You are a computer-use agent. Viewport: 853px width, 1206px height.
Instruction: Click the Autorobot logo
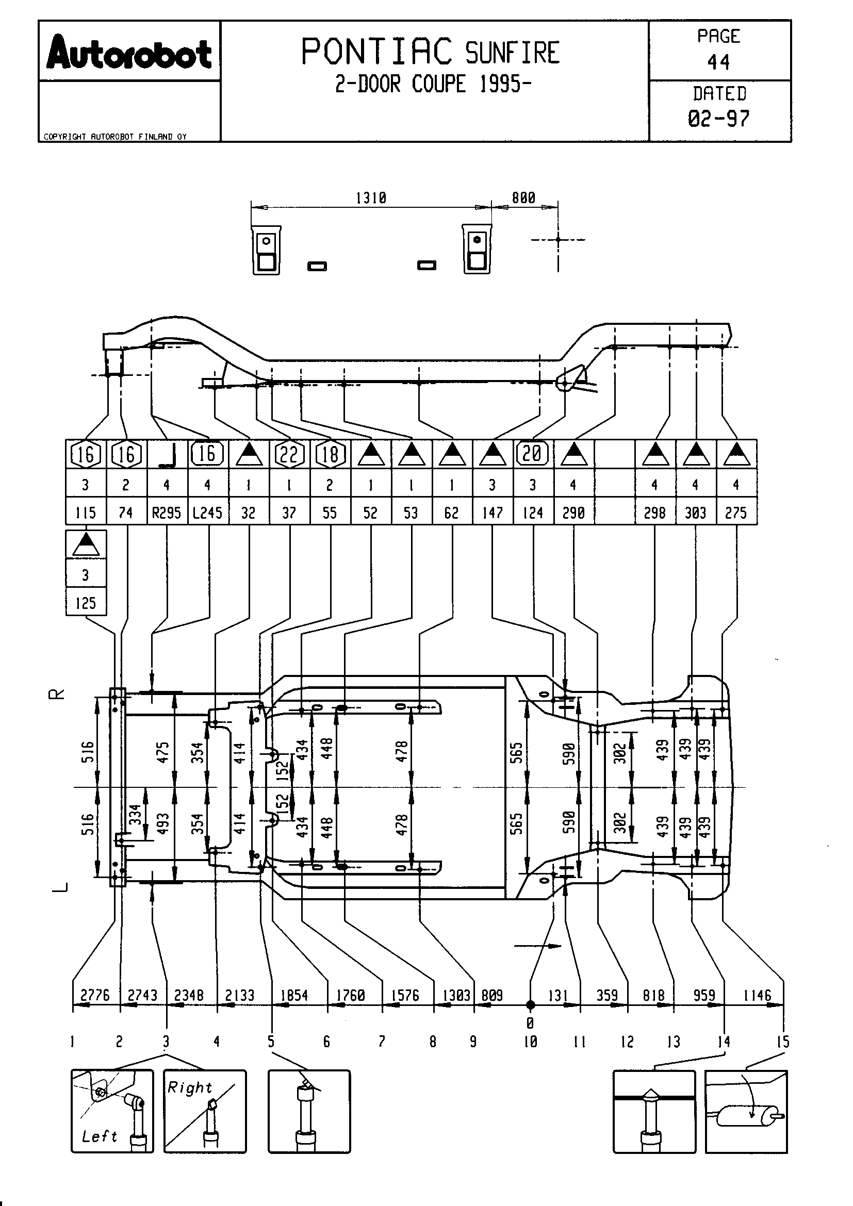pos(129,53)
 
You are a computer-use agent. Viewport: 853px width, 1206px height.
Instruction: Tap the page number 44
pos(718,63)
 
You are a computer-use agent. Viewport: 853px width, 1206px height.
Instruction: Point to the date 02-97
pos(718,119)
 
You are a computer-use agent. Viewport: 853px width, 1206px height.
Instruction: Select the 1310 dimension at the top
pos(371,198)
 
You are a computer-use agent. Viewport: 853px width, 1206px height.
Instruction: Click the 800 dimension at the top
pos(523,197)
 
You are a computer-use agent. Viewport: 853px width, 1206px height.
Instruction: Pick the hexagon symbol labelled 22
pos(289,454)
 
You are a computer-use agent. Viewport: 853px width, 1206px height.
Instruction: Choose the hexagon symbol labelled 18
pos(330,454)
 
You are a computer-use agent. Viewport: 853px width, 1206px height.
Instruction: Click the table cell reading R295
pos(167,513)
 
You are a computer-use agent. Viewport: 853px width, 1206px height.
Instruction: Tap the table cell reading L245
pos(207,513)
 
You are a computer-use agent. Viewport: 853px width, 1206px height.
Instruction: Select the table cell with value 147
pos(492,513)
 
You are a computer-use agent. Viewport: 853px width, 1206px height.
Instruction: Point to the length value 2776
pos(95,995)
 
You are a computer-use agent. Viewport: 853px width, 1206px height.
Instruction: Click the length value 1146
pos(757,995)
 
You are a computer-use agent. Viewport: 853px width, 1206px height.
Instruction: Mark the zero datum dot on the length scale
pos(530,1005)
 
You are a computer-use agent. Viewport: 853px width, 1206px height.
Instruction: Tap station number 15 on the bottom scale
pos(783,1042)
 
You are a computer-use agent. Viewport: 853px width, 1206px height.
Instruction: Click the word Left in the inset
pos(99,1136)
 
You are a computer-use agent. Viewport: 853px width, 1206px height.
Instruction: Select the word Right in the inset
pos(190,1087)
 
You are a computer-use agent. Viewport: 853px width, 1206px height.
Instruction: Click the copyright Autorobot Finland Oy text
pos(115,137)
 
